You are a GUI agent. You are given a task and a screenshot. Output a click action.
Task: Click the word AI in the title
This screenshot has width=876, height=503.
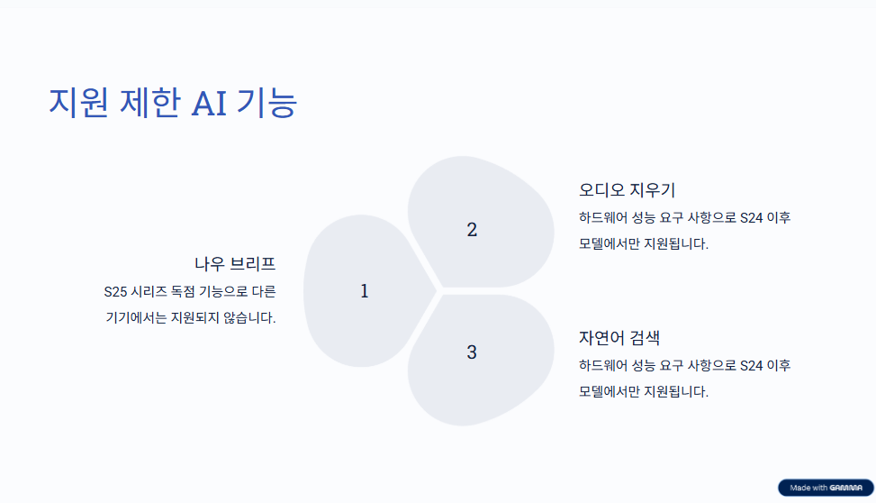209,104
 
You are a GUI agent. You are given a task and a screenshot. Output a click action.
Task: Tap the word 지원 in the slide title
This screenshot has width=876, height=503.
78,103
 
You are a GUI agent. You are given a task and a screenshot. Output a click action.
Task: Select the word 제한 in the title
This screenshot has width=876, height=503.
150,103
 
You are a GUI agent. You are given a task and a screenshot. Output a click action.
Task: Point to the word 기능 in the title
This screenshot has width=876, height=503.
267,103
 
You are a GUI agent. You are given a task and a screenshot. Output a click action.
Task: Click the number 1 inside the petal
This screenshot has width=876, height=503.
365,291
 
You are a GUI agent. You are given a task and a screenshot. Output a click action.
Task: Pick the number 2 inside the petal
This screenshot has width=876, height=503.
472,229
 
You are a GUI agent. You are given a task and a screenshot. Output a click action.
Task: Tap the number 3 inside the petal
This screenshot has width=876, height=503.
472,352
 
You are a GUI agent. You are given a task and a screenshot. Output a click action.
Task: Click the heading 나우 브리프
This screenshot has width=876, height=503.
235,263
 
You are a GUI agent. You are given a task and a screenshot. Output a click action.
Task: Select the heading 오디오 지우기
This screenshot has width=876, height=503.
627,189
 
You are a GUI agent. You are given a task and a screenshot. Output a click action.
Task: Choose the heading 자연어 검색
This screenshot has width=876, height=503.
619,337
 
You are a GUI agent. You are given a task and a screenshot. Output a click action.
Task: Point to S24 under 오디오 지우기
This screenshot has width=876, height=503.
752,217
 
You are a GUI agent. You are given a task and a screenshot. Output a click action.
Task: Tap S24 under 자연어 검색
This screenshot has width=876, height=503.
752,365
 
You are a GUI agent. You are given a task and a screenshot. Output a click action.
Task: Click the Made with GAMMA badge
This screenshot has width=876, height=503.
826,488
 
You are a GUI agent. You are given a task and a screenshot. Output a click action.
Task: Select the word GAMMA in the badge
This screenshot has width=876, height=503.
845,488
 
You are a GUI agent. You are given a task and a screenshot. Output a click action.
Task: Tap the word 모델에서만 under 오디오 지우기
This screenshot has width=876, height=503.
609,244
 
